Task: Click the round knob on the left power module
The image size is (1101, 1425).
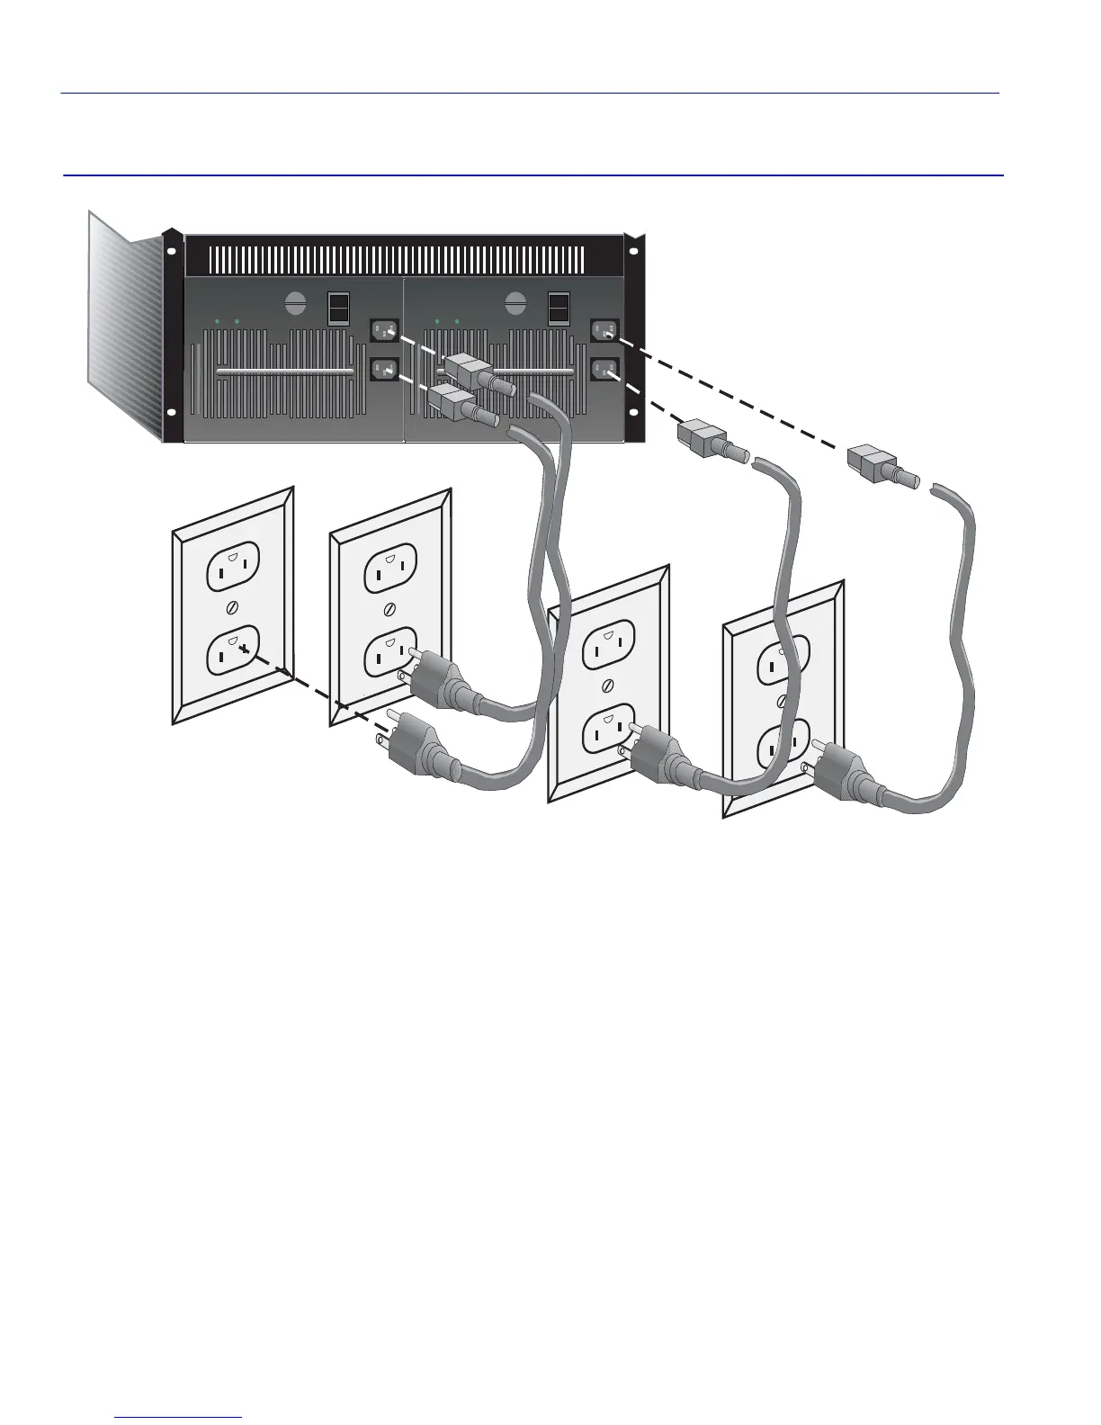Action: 296,303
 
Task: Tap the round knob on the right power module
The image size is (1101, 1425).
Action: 516,303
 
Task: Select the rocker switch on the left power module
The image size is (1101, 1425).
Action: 337,307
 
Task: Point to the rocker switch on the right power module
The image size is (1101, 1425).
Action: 559,307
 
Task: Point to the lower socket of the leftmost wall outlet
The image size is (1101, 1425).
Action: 233,651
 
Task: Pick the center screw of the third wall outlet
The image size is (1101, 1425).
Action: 608,686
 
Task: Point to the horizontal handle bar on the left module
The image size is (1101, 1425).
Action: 285,372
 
